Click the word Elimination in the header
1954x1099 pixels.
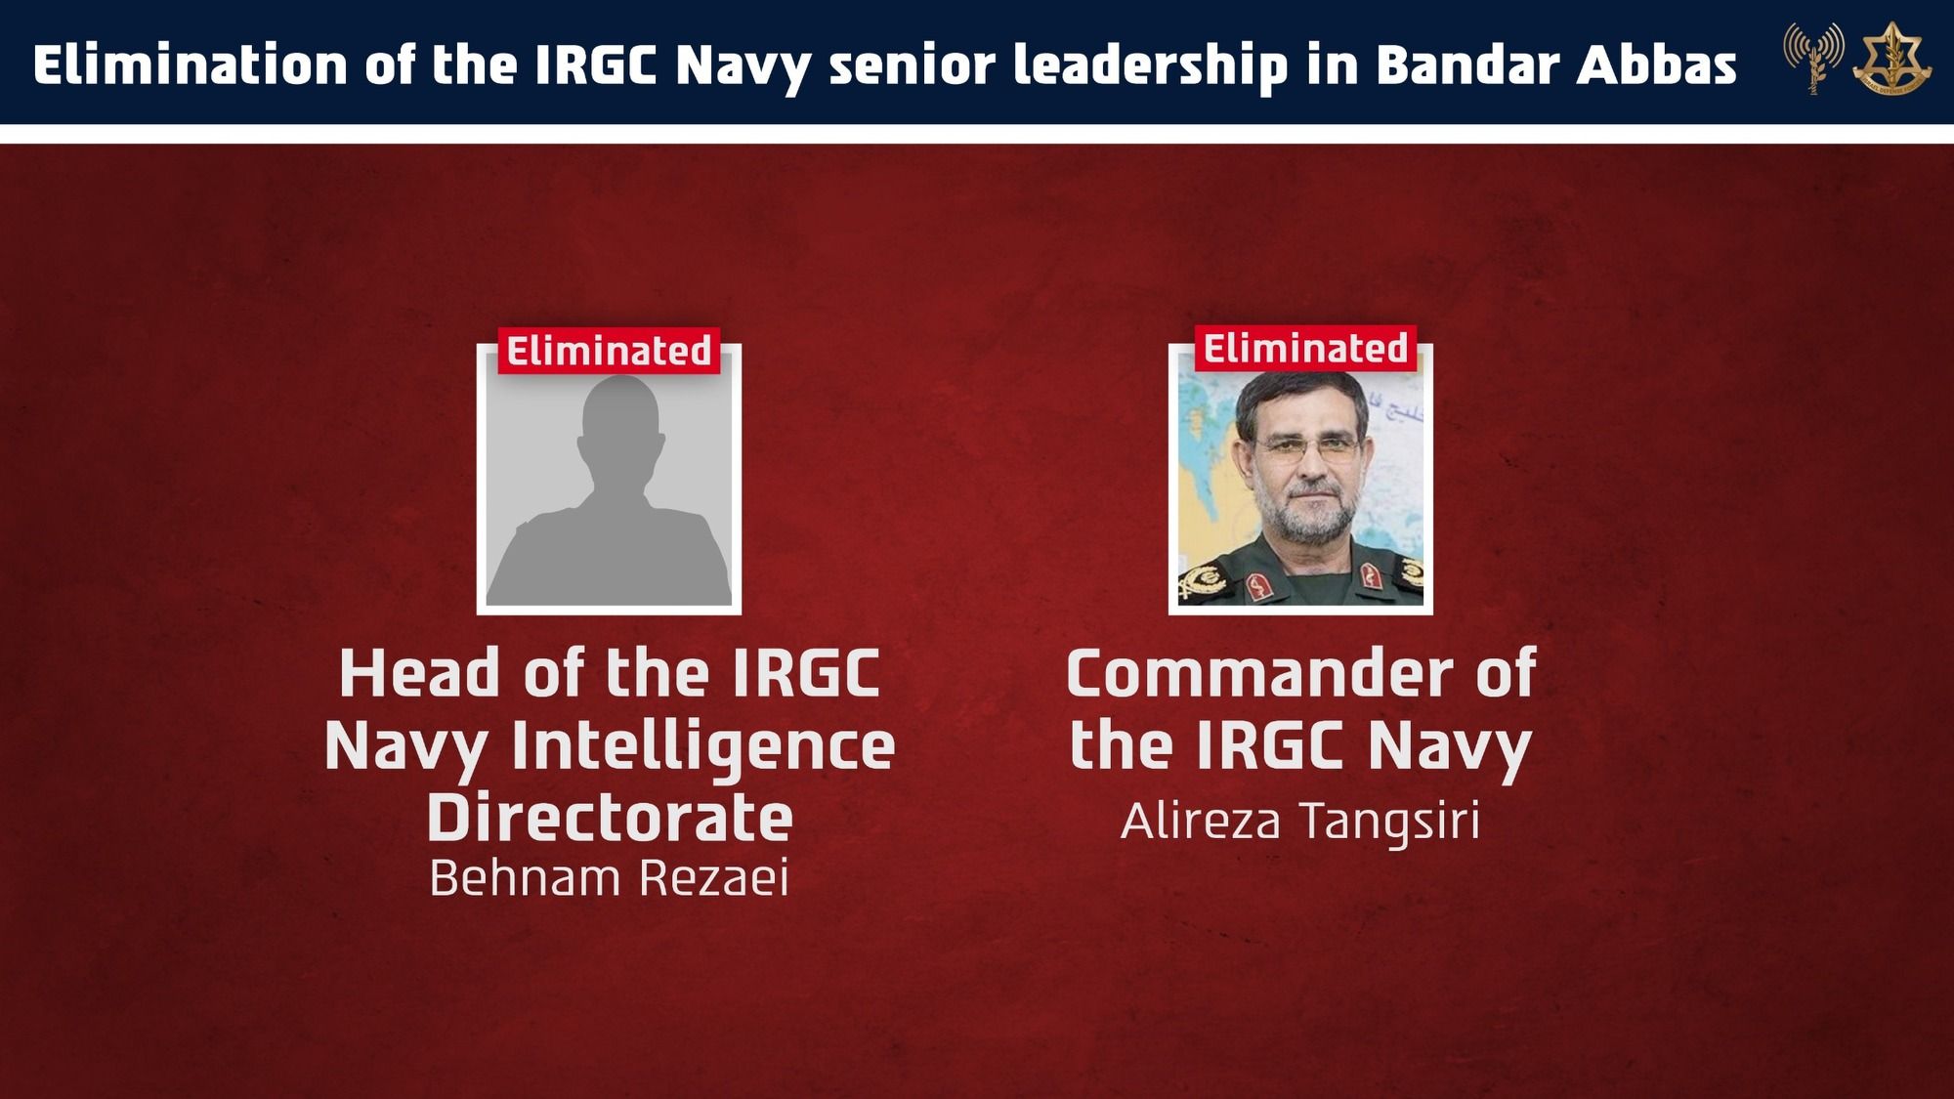tap(190, 65)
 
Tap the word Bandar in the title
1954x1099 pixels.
tap(1466, 65)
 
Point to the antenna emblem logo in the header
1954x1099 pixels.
tap(1813, 57)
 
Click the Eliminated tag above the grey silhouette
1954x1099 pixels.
tap(609, 351)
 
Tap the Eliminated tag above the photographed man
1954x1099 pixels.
tap(1305, 349)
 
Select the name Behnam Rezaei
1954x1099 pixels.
tap(609, 877)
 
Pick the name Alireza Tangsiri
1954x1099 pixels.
tap(1300, 821)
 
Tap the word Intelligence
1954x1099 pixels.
tap(703, 746)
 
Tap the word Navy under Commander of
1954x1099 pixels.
tap(1449, 746)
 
